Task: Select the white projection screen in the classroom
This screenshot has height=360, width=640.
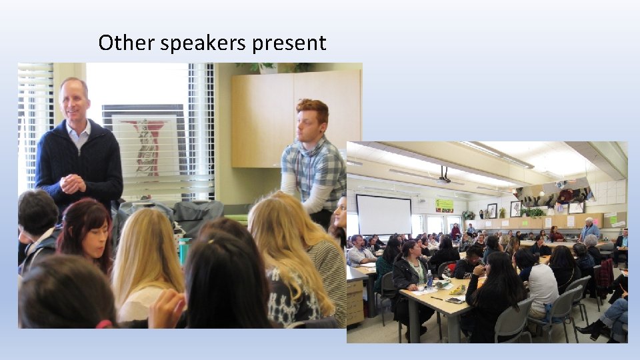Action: (383, 214)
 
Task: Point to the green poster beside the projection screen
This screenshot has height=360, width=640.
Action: (444, 205)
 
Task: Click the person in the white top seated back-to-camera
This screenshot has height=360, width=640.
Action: (539, 283)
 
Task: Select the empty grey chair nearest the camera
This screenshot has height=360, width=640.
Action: (514, 323)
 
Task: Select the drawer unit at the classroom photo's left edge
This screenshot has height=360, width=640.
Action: (355, 300)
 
